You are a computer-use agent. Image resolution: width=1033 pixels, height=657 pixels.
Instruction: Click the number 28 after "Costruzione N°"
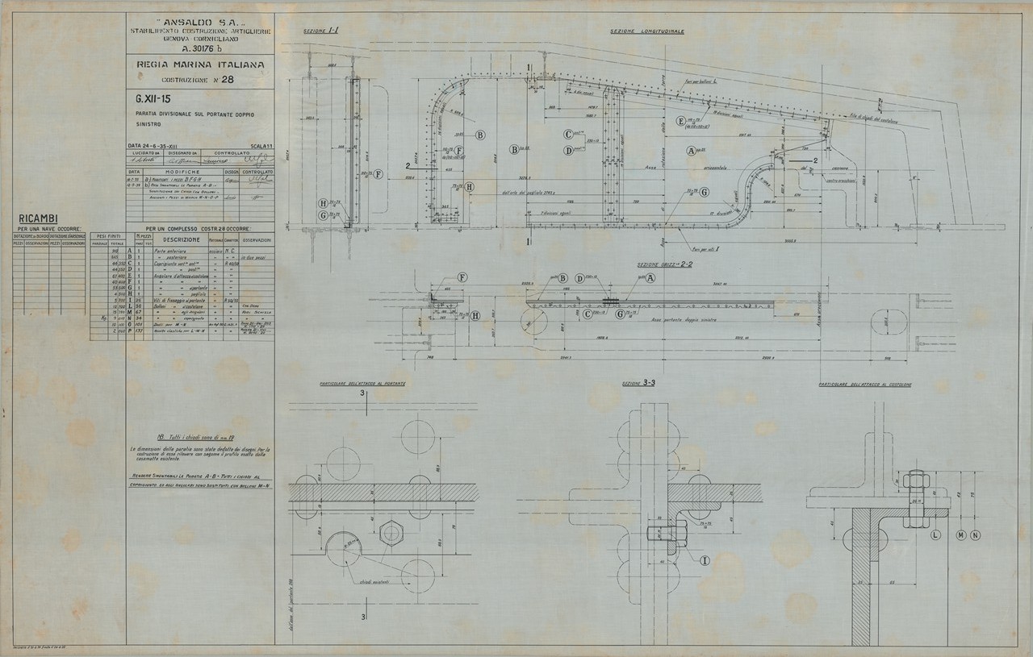tap(228, 80)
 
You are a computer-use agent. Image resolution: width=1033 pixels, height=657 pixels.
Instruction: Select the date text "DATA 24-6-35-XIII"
tap(161, 145)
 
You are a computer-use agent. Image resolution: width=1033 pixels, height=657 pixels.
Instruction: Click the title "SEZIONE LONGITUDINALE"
tap(647, 31)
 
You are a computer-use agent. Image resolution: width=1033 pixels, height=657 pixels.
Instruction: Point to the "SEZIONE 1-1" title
tap(320, 31)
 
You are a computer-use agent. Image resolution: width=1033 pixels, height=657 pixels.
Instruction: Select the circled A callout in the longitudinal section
tap(691, 151)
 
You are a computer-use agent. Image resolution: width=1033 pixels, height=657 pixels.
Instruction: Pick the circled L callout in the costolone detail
tap(935, 534)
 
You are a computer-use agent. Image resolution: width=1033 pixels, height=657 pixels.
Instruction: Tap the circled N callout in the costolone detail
tap(975, 534)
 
